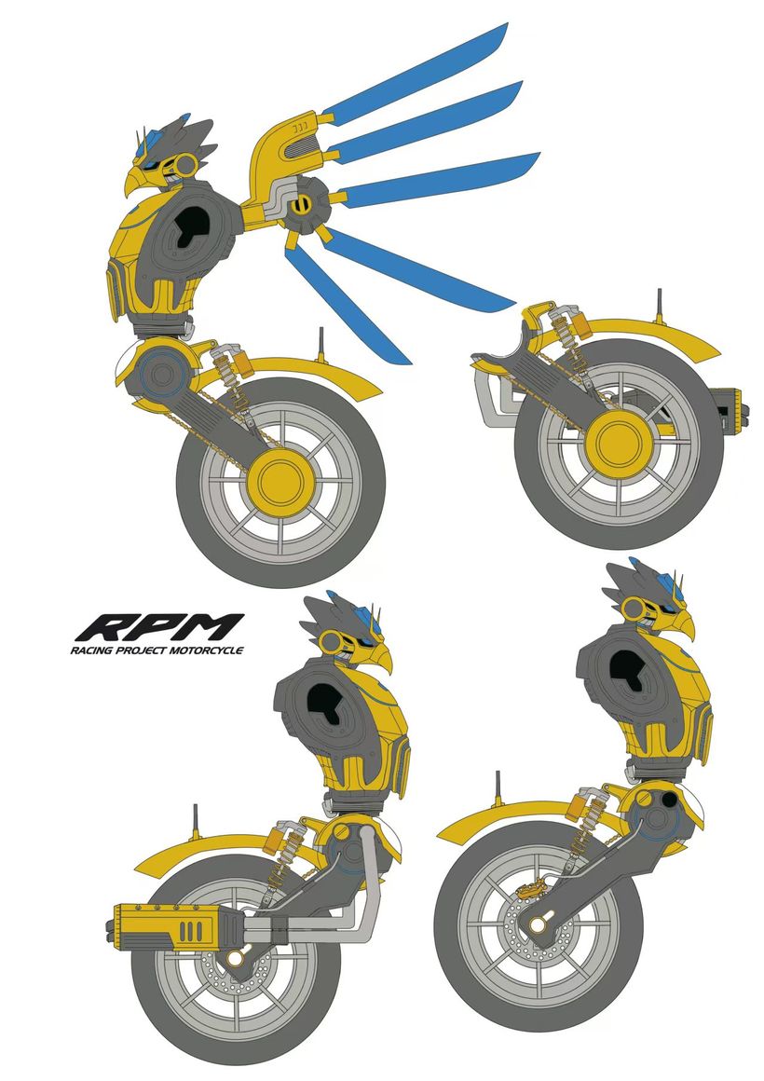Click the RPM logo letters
[x=159, y=626]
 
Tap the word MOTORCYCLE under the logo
[x=209, y=650]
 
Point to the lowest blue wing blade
[x=348, y=304]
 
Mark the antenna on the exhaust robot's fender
[x=196, y=822]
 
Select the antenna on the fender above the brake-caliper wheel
[x=497, y=789]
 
